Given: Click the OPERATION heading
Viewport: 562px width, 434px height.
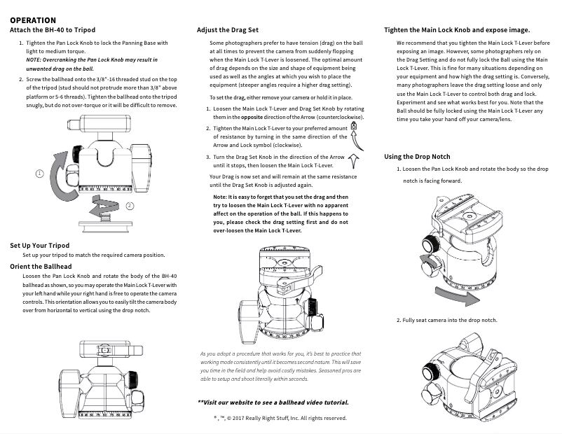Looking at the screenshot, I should coord(33,20).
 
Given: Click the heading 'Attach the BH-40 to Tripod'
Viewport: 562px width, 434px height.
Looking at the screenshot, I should coord(53,30).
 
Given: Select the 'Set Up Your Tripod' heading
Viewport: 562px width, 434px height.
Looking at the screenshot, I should coord(40,246).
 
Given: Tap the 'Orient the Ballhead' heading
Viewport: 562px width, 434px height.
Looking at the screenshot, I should coord(41,267).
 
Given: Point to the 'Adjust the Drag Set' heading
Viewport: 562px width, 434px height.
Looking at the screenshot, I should coord(228,30).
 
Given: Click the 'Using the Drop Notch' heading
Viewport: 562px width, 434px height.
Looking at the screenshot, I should coord(418,157).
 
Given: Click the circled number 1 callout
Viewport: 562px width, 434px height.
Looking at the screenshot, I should coord(40,173).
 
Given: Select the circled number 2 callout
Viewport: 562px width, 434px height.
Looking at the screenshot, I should coord(130,206).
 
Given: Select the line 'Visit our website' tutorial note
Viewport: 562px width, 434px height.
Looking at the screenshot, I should coord(273,402).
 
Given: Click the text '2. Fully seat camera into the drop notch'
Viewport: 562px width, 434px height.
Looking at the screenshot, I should coord(447,320).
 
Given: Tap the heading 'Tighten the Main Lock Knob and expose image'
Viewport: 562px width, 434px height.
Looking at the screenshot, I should coord(457,30).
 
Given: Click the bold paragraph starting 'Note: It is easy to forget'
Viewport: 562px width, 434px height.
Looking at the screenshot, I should coord(280,213).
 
